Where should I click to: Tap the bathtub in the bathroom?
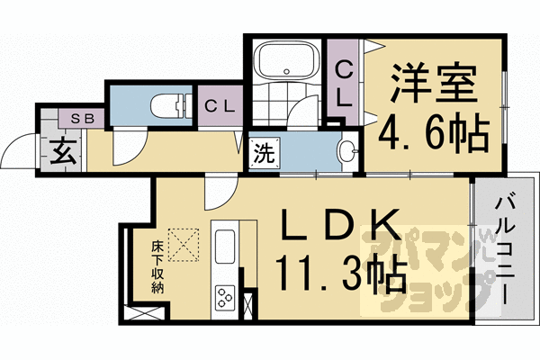tap(283, 62)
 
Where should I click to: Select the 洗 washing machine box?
tap(261, 152)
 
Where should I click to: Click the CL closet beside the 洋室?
tap(343, 81)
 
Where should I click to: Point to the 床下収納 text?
tap(157, 265)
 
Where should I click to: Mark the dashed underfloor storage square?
tap(187, 242)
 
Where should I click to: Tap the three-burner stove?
tap(224, 296)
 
